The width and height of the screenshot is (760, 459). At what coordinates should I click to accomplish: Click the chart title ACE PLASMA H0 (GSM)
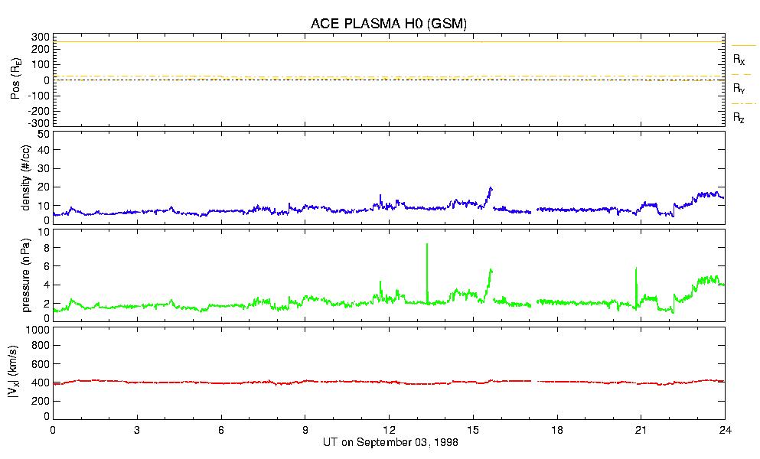(x=389, y=24)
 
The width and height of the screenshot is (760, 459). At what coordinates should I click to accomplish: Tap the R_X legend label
(x=739, y=59)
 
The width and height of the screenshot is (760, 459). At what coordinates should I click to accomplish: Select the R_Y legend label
(x=739, y=89)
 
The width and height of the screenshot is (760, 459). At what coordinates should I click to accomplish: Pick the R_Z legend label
(x=739, y=118)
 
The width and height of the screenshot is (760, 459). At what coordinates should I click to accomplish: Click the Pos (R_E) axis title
(x=15, y=80)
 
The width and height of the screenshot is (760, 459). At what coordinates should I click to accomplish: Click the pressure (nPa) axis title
(x=25, y=274)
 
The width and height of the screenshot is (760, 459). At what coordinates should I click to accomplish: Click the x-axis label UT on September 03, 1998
(x=389, y=443)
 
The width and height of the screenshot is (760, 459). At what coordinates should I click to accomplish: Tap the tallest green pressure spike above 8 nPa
(x=427, y=245)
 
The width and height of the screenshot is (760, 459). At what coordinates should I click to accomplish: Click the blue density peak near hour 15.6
(x=491, y=187)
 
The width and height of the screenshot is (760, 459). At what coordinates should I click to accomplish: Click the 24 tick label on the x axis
(x=725, y=430)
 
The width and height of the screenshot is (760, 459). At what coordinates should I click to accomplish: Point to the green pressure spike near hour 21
(x=636, y=269)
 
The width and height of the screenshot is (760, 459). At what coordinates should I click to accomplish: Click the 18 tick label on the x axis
(x=557, y=430)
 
